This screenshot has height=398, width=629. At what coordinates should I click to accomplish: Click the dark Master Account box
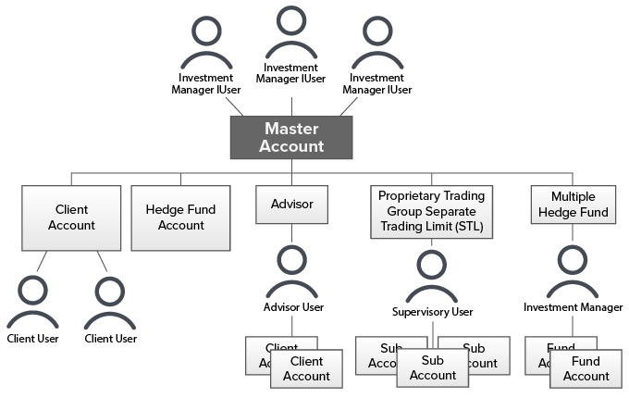pos(291,137)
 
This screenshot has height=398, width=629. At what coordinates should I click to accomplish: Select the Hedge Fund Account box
pos(180,218)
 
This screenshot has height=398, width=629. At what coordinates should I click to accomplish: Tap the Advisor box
pos(291,204)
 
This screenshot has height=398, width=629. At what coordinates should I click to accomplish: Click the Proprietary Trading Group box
pos(431,211)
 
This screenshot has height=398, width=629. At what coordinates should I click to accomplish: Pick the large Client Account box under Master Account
pos(72,218)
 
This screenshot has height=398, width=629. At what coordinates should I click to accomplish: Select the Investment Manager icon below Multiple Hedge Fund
pos(573,273)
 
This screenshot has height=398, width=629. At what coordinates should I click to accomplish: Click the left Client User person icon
pos(33,304)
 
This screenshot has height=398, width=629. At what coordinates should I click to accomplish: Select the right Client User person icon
pos(111,304)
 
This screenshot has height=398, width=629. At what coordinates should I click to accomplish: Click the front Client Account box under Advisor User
pos(306,368)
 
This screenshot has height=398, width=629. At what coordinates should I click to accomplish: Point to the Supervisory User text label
pos(432,312)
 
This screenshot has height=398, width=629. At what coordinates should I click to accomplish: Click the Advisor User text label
pos(292,306)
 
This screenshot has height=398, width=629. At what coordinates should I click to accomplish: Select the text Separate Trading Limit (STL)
pos(431,218)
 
